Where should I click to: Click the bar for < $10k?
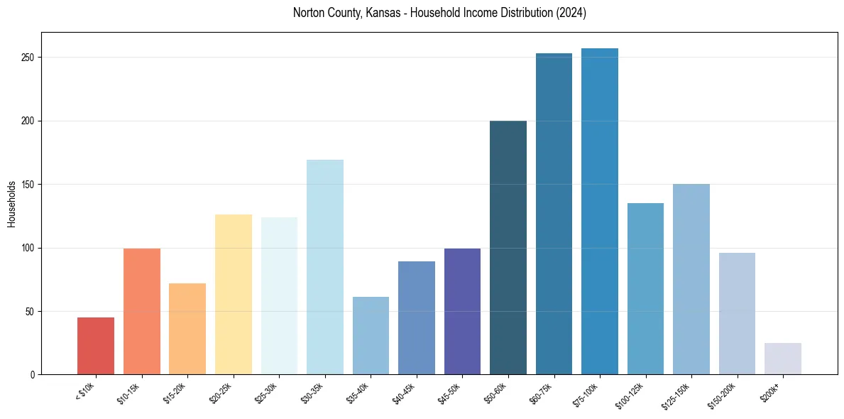pos(96,346)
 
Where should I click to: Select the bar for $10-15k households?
pos(142,312)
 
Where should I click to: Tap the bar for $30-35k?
pos(325,267)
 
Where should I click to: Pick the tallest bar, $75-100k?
pos(600,212)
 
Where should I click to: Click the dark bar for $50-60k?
pos(508,248)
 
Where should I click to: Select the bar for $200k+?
pos(783,359)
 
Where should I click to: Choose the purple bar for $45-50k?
pos(462,312)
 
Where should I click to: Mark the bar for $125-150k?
pos(691,279)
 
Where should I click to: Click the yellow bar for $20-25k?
pos(234,295)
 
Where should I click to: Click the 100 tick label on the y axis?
pos(28,248)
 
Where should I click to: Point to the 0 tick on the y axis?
pos(33,375)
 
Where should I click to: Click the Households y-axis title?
pos(11,204)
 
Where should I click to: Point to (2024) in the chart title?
pos(571,13)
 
